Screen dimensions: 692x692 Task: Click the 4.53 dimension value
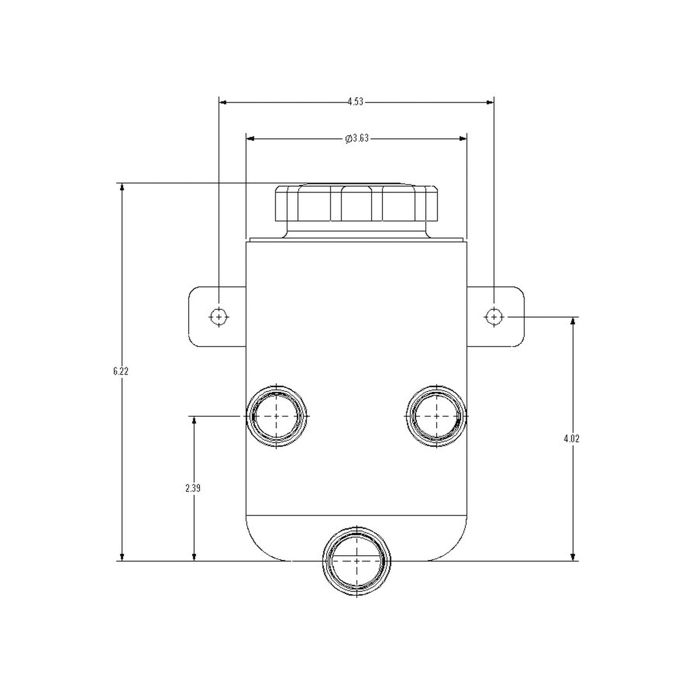[x=355, y=102]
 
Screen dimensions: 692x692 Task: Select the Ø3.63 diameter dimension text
[x=357, y=139]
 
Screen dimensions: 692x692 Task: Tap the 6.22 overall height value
[x=121, y=371]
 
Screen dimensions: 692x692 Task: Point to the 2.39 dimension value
[x=193, y=489]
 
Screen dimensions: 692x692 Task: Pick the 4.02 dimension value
[x=572, y=439]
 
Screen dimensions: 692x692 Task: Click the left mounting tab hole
[x=219, y=317]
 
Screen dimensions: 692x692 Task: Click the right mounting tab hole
[x=494, y=317]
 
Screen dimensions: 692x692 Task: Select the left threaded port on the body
[x=276, y=416]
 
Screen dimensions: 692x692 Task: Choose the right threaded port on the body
[x=436, y=416]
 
